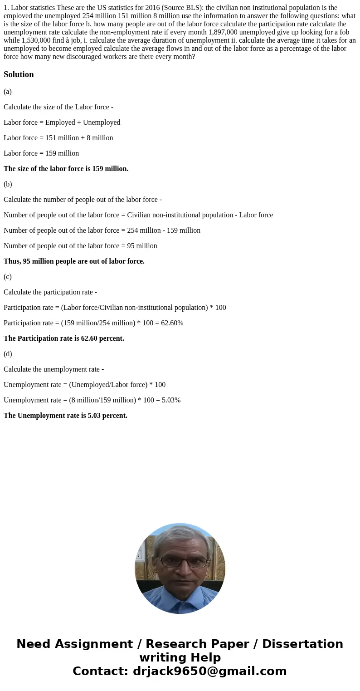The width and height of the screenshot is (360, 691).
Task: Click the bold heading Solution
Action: [x=19, y=74]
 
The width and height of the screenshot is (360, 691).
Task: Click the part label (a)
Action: [x=8, y=92]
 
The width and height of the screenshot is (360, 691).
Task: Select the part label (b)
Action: [x=8, y=184]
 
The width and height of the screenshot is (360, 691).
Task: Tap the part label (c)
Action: [x=8, y=277]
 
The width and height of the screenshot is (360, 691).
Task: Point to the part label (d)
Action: [x=8, y=354]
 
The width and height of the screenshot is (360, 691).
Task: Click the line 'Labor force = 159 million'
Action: [x=41, y=153]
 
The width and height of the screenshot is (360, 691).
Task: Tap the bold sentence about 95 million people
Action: [x=74, y=261]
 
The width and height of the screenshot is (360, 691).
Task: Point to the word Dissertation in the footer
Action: [x=302, y=644]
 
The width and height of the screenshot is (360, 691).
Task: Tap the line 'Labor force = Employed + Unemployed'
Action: [x=62, y=123]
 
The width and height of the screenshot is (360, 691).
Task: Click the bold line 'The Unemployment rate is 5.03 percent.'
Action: [x=65, y=416]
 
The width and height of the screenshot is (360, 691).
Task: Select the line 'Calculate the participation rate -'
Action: [x=50, y=292]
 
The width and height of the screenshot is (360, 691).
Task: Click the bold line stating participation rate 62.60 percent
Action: [x=64, y=338]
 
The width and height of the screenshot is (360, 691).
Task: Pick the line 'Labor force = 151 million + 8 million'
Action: [x=58, y=138]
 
